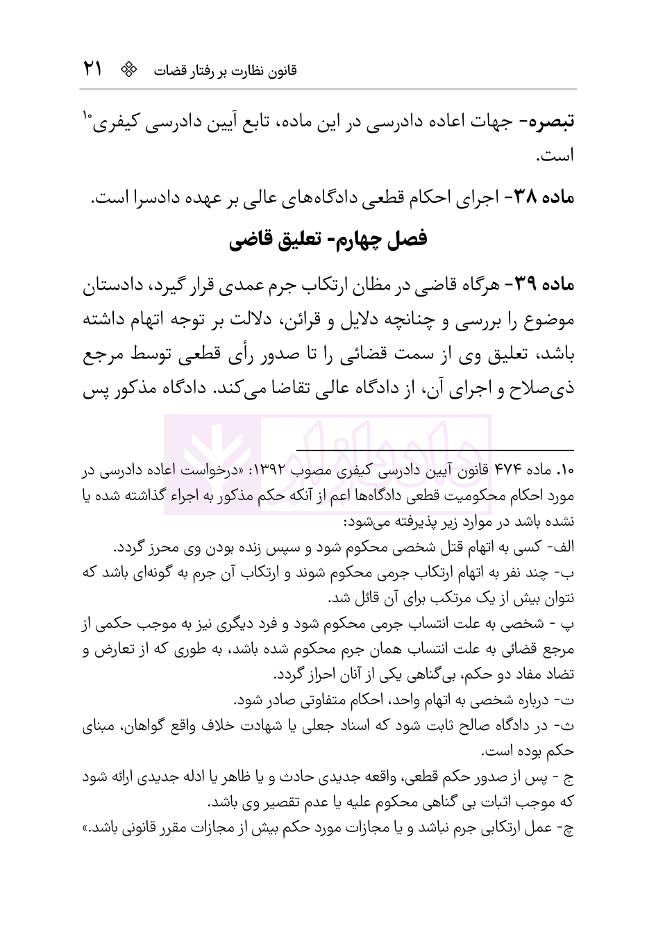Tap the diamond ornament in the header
click(x=129, y=69)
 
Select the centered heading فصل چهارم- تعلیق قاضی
click(x=328, y=240)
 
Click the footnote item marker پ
click(x=571, y=624)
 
